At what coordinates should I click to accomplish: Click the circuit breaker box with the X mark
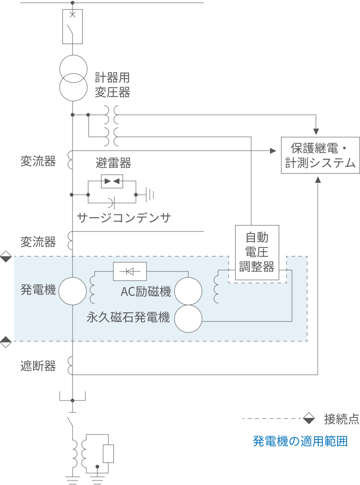[72, 26]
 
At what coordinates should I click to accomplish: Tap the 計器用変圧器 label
[112, 85]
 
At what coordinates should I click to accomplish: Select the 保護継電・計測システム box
[320, 155]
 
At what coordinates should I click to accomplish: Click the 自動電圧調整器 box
[257, 252]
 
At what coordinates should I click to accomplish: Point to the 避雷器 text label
[113, 163]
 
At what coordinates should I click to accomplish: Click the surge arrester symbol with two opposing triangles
[112, 181]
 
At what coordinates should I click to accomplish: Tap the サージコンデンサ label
[124, 218]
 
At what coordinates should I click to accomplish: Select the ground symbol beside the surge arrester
[149, 194]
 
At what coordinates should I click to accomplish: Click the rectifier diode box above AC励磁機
[130, 271]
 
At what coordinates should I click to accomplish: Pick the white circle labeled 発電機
[73, 291]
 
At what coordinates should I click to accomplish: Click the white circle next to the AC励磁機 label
[188, 291]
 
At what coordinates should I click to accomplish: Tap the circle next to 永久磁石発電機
[188, 319]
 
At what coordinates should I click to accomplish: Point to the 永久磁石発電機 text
[129, 317]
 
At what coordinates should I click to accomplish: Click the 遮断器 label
[38, 366]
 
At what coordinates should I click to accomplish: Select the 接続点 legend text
[341, 419]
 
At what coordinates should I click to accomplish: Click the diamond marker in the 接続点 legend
[309, 419]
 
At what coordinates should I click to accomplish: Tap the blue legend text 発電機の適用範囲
[300, 441]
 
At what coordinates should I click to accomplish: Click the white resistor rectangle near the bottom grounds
[108, 453]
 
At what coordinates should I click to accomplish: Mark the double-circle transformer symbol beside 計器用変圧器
[73, 78]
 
